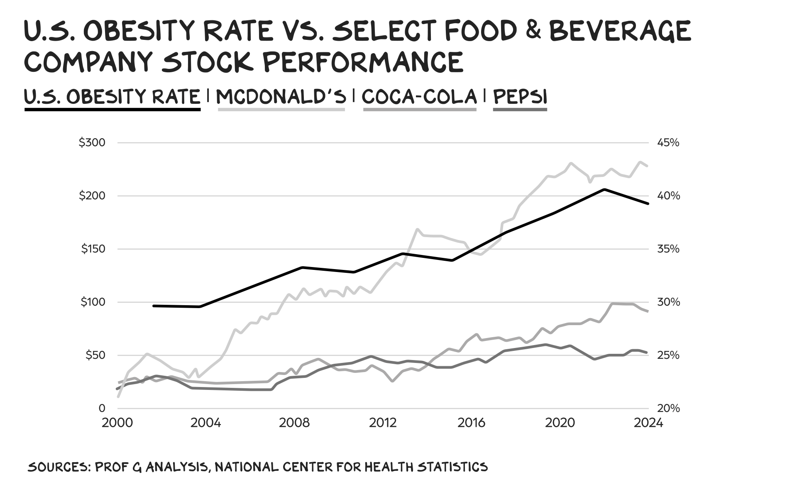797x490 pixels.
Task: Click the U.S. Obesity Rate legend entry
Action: coord(112,97)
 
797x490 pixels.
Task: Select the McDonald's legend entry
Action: coord(281,97)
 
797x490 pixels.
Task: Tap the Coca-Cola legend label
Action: coord(419,97)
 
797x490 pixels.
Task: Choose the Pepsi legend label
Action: coord(520,97)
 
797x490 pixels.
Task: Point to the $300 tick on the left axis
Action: coord(92,143)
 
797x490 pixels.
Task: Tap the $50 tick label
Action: coord(95,355)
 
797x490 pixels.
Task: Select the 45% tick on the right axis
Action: coord(668,143)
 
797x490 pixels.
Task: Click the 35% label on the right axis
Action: coord(668,249)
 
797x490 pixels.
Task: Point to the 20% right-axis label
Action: coord(668,409)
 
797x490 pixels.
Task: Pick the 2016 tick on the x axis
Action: coord(471,423)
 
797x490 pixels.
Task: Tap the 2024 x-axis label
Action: coord(649,423)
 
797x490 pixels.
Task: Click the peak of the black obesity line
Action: coord(604,189)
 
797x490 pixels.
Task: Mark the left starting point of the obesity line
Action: coord(154,306)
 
